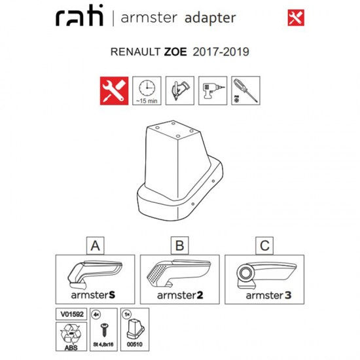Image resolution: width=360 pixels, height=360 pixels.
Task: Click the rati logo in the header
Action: (x=79, y=16)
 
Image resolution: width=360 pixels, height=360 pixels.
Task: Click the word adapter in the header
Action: (x=210, y=18)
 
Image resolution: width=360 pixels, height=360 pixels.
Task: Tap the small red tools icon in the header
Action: (x=296, y=18)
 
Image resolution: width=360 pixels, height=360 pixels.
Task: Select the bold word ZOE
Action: (x=175, y=52)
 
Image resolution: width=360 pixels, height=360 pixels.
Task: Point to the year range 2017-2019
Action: (x=221, y=52)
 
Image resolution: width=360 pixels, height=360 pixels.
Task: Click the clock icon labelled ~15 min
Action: (x=147, y=91)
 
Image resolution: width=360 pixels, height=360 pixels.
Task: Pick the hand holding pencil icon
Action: (x=180, y=91)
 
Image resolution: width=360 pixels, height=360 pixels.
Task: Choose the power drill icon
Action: (x=213, y=91)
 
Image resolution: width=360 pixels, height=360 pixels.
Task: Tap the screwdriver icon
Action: (x=245, y=91)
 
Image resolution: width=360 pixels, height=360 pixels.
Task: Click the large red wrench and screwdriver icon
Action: (x=114, y=91)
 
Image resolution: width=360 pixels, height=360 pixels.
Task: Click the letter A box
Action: (x=96, y=245)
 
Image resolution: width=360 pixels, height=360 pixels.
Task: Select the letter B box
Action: (x=180, y=245)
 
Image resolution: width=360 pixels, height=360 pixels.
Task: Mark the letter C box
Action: (x=264, y=245)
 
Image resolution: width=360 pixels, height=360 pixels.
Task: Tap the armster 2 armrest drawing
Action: (x=179, y=273)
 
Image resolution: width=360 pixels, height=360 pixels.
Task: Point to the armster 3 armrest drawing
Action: (x=266, y=275)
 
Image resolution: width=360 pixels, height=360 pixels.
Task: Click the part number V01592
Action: (x=71, y=314)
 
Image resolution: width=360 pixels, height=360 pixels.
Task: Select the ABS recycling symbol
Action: (x=71, y=334)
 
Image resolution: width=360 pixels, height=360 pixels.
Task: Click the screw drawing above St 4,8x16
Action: (x=104, y=330)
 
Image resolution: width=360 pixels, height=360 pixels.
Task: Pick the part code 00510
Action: (x=135, y=344)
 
